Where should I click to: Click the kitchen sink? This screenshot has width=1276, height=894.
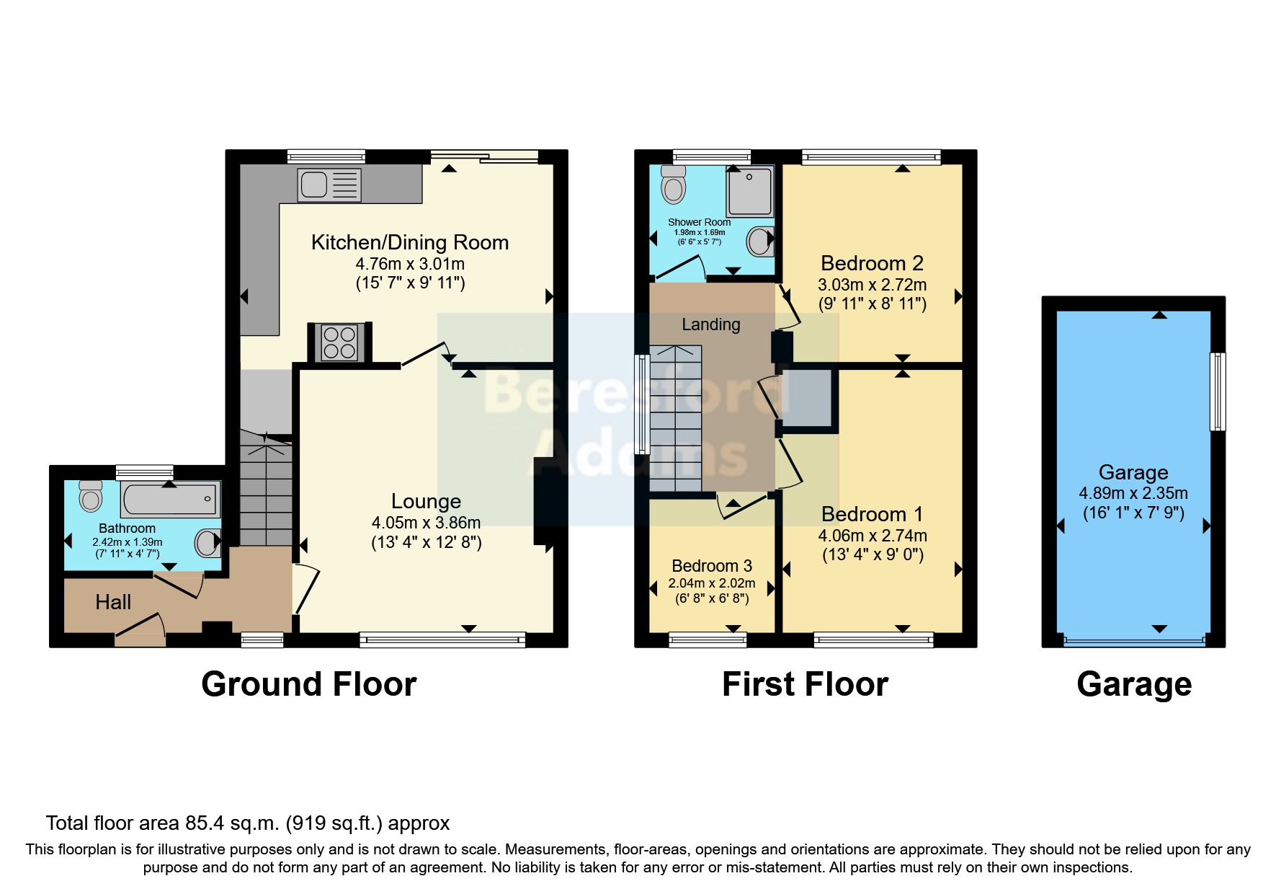coord(329,185)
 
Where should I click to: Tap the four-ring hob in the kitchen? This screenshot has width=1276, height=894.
coord(339,342)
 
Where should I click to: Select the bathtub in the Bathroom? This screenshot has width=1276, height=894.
coord(169,499)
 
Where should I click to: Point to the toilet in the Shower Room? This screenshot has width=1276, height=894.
coord(674,185)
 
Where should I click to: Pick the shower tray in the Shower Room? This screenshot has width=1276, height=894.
coord(750,191)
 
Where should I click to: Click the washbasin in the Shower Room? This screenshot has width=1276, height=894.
coord(761,242)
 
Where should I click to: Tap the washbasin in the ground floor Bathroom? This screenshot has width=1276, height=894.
coord(208,543)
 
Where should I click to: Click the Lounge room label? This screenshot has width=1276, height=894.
coord(426,501)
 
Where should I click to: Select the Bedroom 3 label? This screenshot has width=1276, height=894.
coord(712,566)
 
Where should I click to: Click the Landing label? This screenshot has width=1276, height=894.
coord(711,324)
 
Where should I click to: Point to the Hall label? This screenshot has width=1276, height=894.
coord(113,602)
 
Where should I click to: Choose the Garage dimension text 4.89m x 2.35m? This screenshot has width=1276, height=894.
coord(1133,493)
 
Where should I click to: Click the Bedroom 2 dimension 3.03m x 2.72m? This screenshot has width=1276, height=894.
coord(872,285)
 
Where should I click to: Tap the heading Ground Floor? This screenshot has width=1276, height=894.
coord(309,683)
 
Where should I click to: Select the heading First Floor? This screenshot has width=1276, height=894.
coord(805,683)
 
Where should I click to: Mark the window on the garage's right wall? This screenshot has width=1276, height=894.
coord(1217,391)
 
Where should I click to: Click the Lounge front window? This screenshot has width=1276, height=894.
coord(442,639)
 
